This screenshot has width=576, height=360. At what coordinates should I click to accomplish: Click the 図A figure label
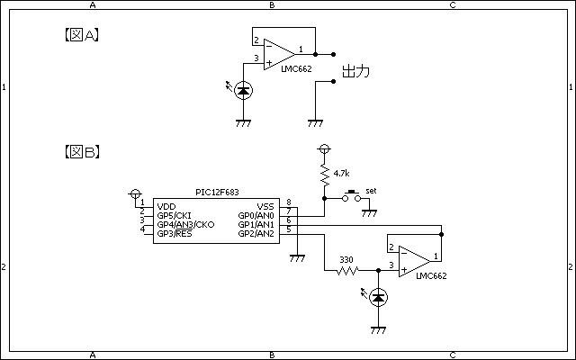click(82, 35)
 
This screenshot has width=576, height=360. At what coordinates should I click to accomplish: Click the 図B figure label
click(82, 151)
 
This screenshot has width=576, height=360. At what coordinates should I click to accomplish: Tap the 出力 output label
click(355, 71)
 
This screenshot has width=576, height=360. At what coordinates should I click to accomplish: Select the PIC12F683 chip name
click(217, 192)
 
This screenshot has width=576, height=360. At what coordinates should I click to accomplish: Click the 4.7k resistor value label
click(341, 174)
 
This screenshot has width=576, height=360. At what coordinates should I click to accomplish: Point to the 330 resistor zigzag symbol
click(347, 271)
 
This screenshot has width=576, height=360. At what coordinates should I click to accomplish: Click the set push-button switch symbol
click(352, 196)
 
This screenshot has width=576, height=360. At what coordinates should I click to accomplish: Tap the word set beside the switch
click(371, 191)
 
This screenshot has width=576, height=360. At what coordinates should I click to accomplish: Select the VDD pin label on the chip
click(166, 206)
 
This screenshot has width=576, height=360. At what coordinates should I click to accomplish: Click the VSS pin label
click(265, 206)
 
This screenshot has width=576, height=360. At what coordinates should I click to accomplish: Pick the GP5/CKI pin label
click(174, 216)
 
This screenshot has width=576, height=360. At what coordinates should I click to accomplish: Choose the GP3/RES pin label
click(175, 234)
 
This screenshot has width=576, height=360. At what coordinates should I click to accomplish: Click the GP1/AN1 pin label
click(256, 224)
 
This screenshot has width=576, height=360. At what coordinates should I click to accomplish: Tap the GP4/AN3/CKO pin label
click(186, 224)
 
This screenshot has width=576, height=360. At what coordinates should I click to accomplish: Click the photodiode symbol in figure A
click(243, 90)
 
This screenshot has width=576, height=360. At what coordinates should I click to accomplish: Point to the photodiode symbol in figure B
click(378, 298)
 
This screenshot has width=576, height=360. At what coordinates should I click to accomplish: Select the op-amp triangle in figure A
click(279, 54)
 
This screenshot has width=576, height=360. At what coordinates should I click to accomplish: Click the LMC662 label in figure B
click(431, 276)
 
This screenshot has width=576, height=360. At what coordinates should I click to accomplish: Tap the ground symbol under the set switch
click(369, 213)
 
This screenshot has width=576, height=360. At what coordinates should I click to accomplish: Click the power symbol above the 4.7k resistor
click(324, 149)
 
